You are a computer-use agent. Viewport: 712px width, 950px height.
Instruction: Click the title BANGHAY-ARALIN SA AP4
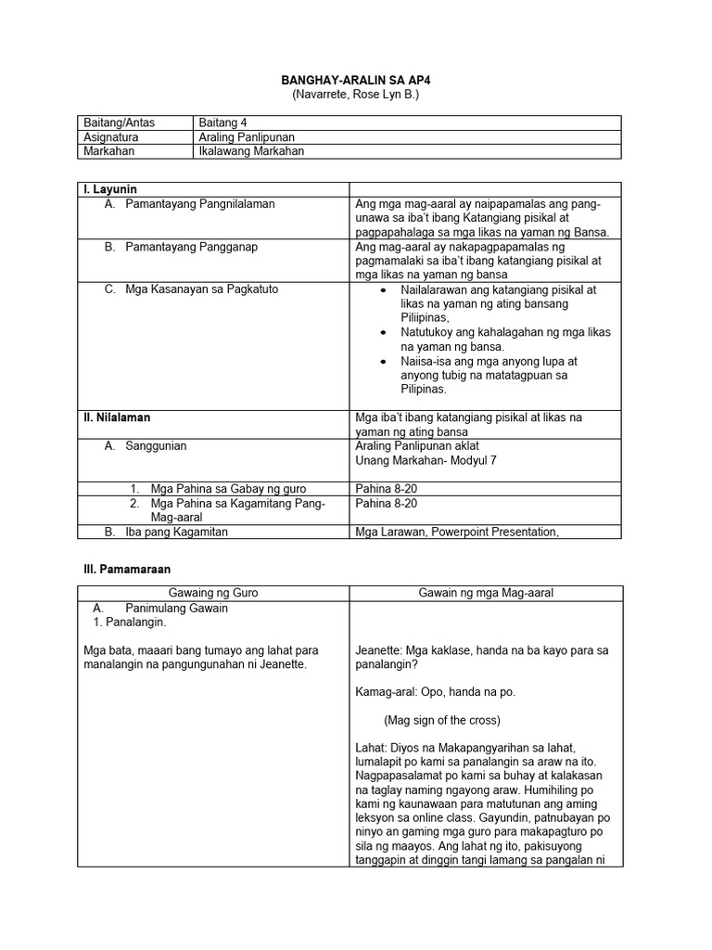(355, 81)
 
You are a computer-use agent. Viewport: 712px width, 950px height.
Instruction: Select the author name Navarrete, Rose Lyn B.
(355, 95)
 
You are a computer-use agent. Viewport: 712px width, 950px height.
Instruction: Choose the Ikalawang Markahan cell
(251, 151)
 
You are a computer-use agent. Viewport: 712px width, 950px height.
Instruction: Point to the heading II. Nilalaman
(116, 417)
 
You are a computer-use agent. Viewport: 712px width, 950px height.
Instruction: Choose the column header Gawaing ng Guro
(213, 594)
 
